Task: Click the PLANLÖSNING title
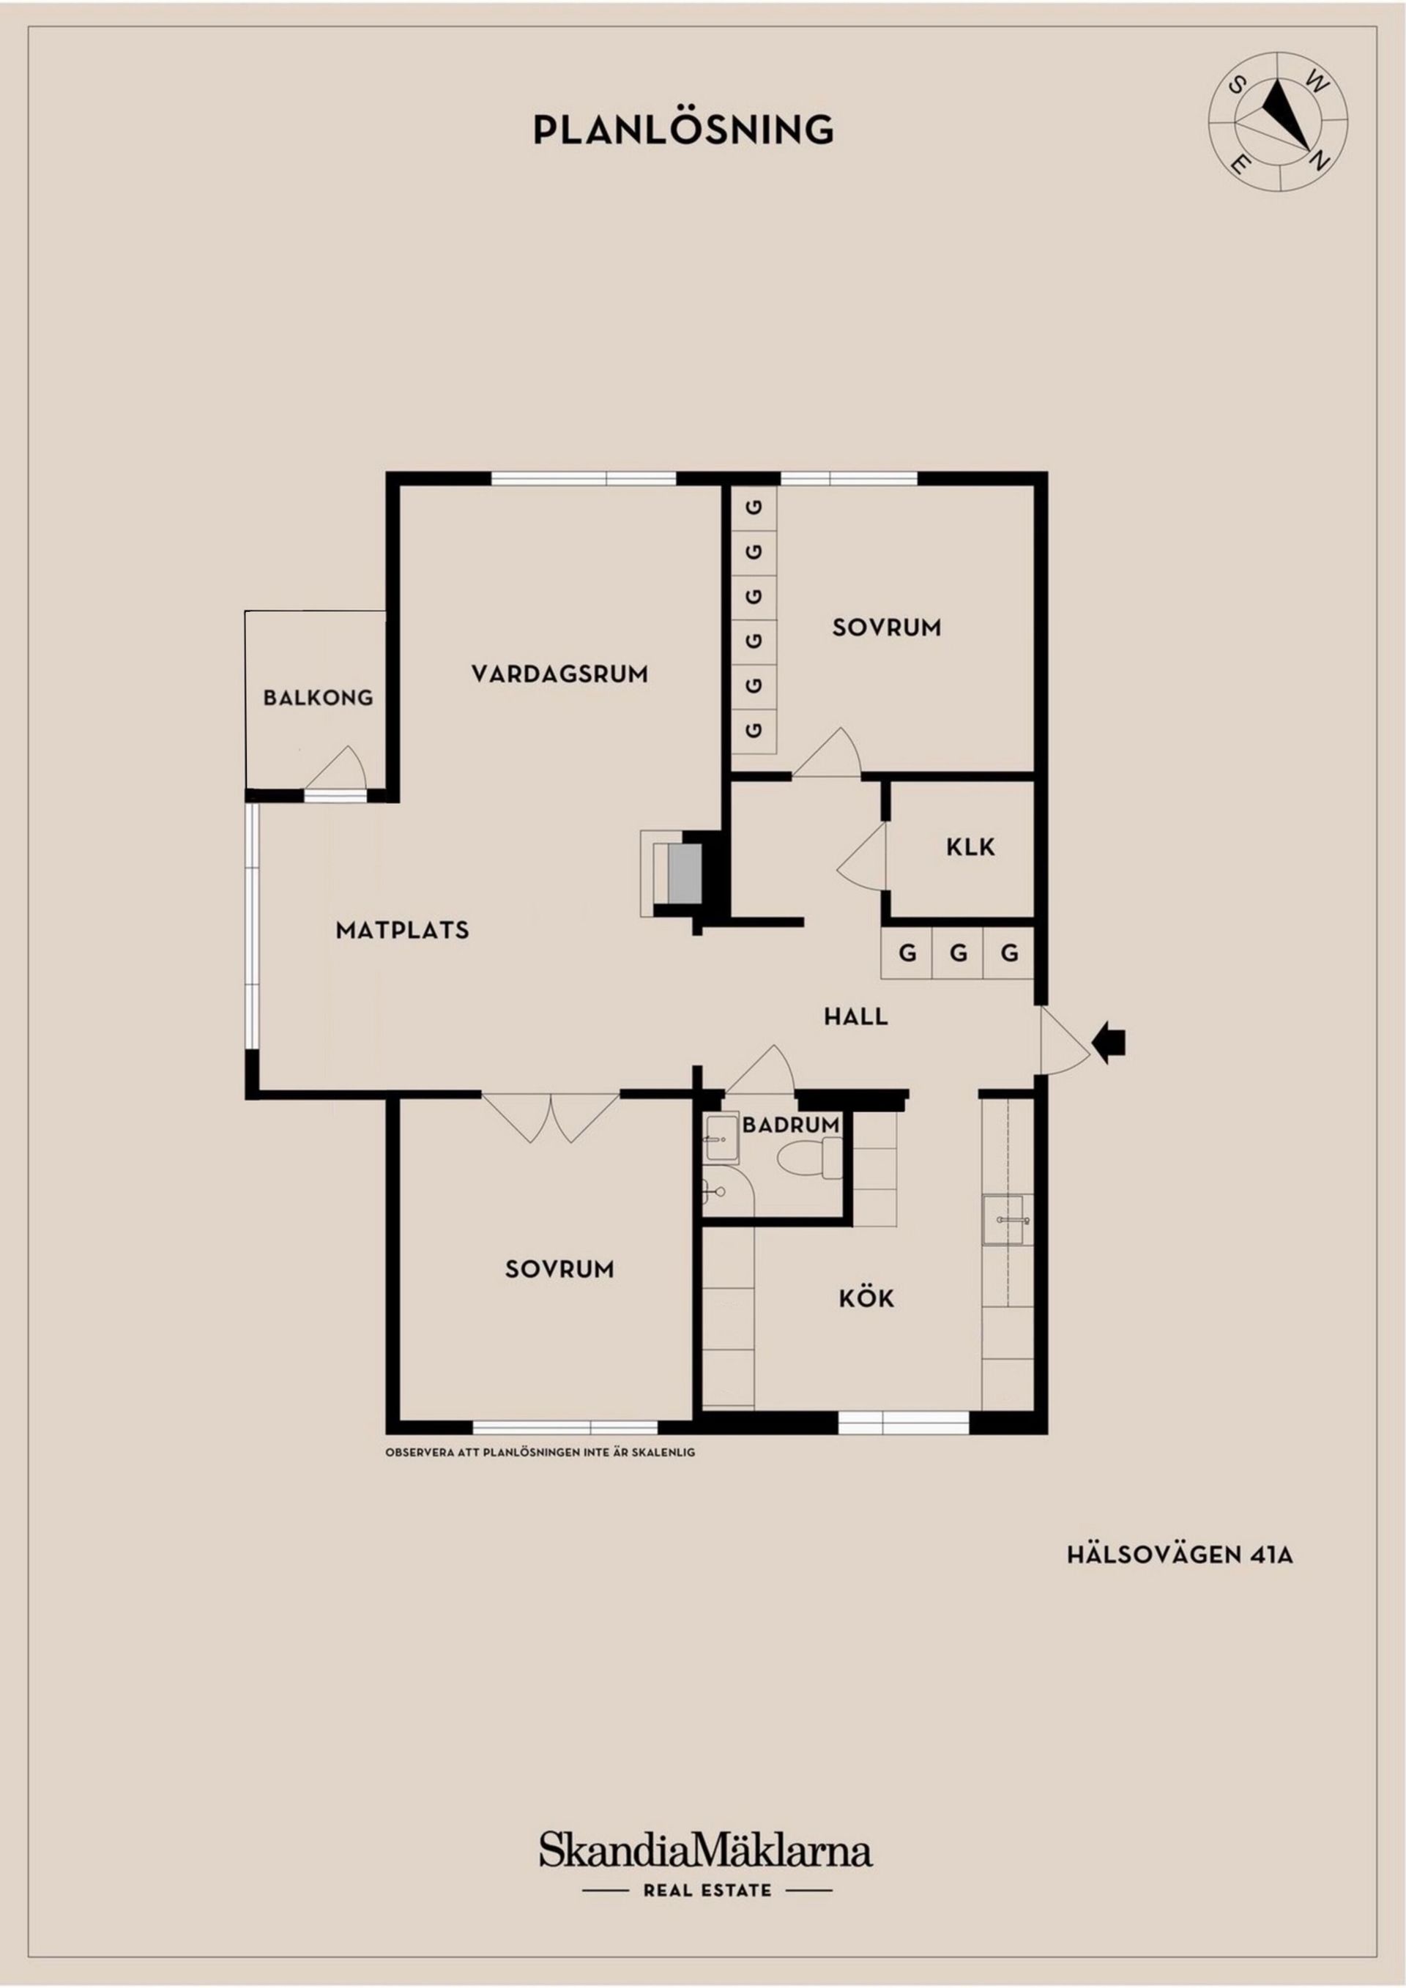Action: tap(683, 130)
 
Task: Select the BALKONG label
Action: tap(318, 697)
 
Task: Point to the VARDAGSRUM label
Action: tap(559, 674)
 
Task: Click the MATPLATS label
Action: tap(402, 930)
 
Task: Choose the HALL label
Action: tap(855, 1016)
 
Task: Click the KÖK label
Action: tap(866, 1298)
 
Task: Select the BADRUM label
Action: tap(790, 1125)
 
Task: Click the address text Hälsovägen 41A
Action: tap(1179, 1555)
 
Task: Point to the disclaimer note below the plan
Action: tap(540, 1452)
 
